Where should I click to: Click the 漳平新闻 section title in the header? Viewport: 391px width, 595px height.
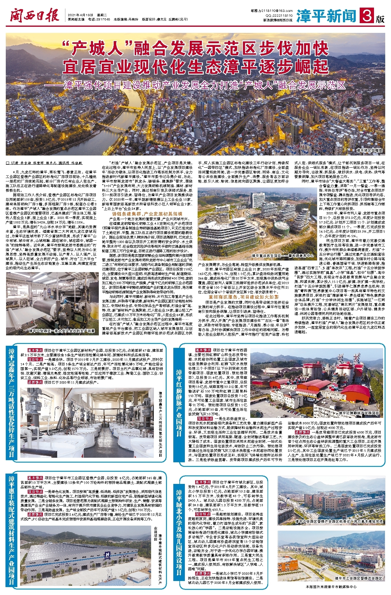point(326,16)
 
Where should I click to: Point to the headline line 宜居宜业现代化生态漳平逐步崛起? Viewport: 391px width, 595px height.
point(195,67)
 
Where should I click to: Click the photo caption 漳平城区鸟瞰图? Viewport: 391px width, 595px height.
point(369,150)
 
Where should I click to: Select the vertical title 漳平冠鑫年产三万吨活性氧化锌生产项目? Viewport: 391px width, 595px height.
point(12,403)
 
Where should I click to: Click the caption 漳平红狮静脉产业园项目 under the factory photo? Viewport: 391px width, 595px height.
point(359,413)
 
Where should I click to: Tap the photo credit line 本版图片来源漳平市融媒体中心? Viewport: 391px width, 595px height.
point(331,587)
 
